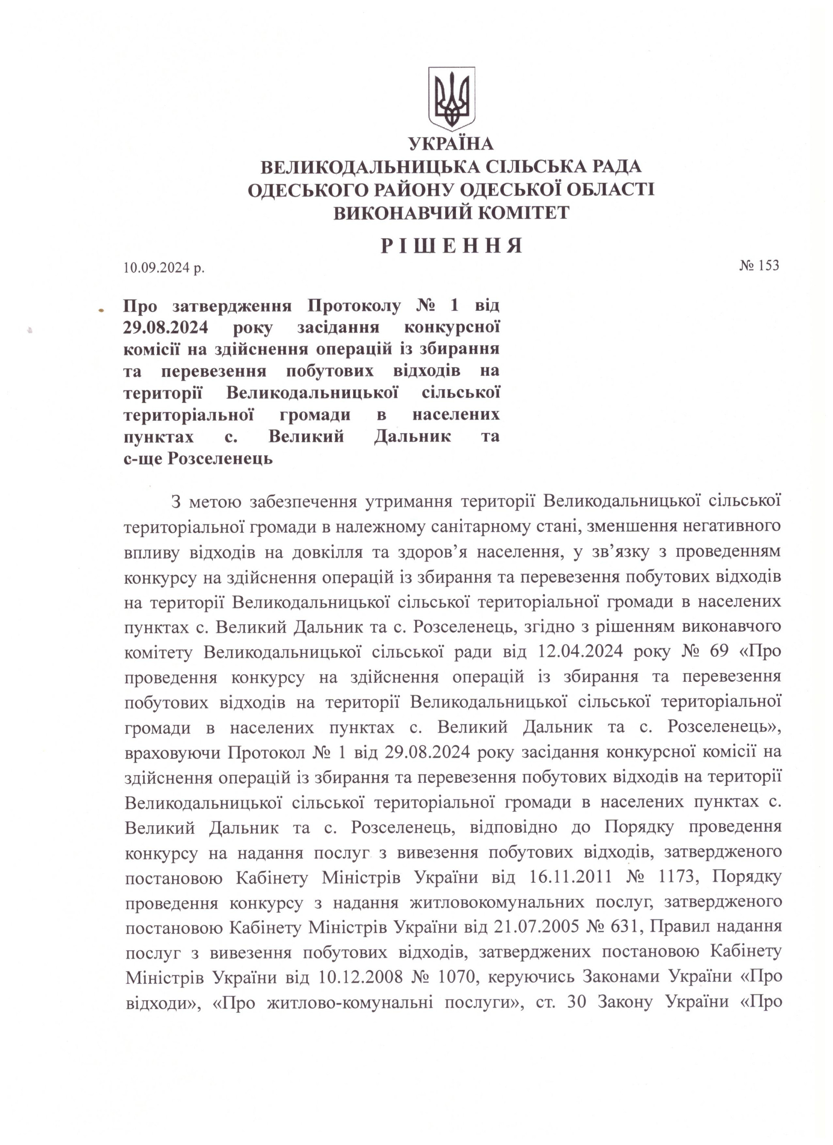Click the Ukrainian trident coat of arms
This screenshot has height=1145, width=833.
pos(451,99)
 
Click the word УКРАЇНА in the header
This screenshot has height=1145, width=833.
pos(451,144)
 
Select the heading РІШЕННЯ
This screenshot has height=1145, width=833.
pos(451,246)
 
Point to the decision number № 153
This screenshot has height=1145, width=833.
pos(759,265)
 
